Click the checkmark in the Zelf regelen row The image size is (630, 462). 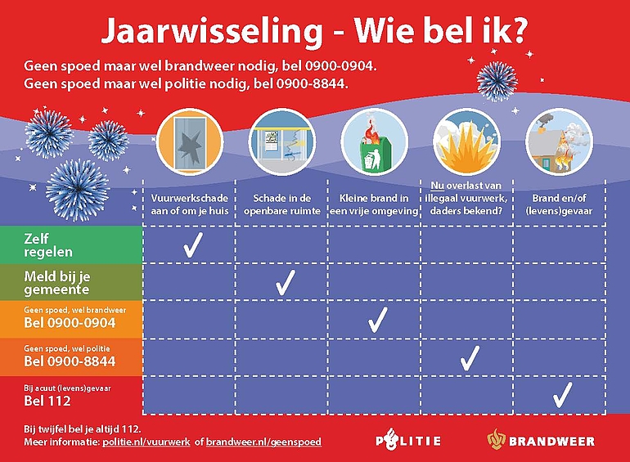[x=193, y=244]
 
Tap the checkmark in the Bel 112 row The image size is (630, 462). [x=562, y=395]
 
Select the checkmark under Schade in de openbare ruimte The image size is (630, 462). [x=286, y=283]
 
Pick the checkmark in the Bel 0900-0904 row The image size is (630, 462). [x=378, y=320]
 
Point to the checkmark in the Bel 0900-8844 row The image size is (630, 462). [x=470, y=358]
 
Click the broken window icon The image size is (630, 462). [x=190, y=142]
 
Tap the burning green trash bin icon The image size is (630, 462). [x=374, y=142]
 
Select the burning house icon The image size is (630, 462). [x=560, y=142]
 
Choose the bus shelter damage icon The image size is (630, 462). [x=282, y=142]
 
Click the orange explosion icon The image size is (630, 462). [x=466, y=142]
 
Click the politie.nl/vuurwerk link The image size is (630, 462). [x=146, y=442]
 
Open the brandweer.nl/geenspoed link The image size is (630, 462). [x=263, y=442]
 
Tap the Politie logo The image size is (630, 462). [x=408, y=441]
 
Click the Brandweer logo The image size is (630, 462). [x=541, y=440]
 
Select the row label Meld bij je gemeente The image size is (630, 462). [x=57, y=283]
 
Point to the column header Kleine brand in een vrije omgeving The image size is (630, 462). [x=374, y=204]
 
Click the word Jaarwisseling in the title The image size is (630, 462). [x=212, y=31]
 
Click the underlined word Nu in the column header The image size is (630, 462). [x=437, y=186]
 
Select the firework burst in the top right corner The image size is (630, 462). [x=497, y=82]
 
